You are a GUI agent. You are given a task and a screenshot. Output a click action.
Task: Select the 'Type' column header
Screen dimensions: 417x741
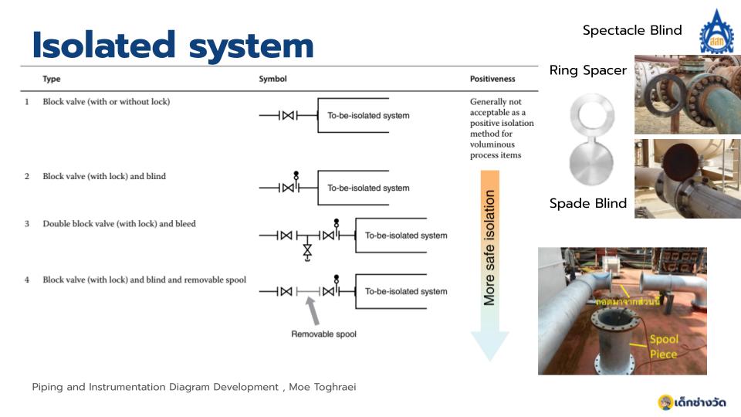[52, 79]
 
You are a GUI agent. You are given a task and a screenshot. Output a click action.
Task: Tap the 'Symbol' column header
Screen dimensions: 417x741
[272, 79]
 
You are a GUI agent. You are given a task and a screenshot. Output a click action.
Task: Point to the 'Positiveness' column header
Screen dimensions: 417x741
[492, 79]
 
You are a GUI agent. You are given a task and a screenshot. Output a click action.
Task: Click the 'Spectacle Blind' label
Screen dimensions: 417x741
[632, 30]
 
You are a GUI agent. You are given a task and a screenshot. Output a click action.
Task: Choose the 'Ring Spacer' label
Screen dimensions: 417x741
[588, 70]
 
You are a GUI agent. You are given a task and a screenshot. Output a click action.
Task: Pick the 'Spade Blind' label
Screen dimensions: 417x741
[588, 204]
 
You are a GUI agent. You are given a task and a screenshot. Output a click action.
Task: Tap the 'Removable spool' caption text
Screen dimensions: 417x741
[323, 334]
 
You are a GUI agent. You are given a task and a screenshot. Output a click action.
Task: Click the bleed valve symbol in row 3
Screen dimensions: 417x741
[307, 250]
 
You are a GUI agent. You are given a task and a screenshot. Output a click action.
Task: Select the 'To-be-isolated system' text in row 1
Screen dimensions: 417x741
[368, 116]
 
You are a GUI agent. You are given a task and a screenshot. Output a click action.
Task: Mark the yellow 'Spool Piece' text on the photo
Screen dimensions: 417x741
[664, 347]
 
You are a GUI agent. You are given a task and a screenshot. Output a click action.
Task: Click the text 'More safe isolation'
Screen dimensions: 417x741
[489, 248]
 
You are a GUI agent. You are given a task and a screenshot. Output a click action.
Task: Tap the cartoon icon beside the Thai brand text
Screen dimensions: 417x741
[665, 402]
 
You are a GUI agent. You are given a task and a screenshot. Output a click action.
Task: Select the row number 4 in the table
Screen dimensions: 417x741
[26, 280]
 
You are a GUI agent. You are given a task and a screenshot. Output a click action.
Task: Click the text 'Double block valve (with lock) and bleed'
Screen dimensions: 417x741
[119, 224]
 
